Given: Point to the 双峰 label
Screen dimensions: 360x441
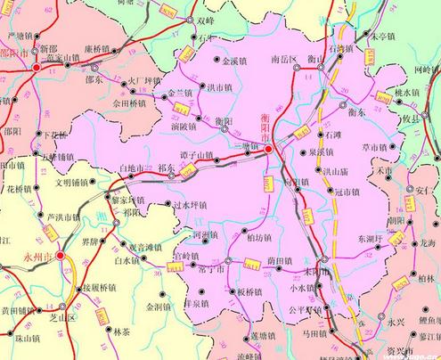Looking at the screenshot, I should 232,18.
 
